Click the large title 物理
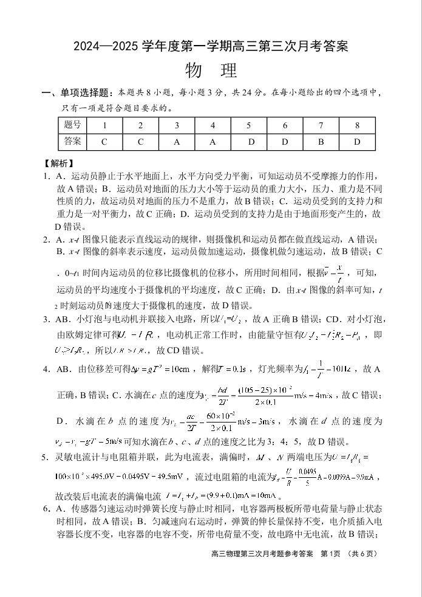(x=211, y=71)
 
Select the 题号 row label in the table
(x=72, y=125)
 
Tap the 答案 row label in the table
(x=72, y=142)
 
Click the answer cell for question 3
(x=177, y=142)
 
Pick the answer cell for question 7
(x=321, y=142)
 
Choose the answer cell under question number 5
(x=249, y=142)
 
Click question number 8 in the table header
(x=357, y=125)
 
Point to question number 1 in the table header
(x=104, y=125)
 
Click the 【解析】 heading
(x=58, y=163)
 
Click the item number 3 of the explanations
(x=46, y=319)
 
